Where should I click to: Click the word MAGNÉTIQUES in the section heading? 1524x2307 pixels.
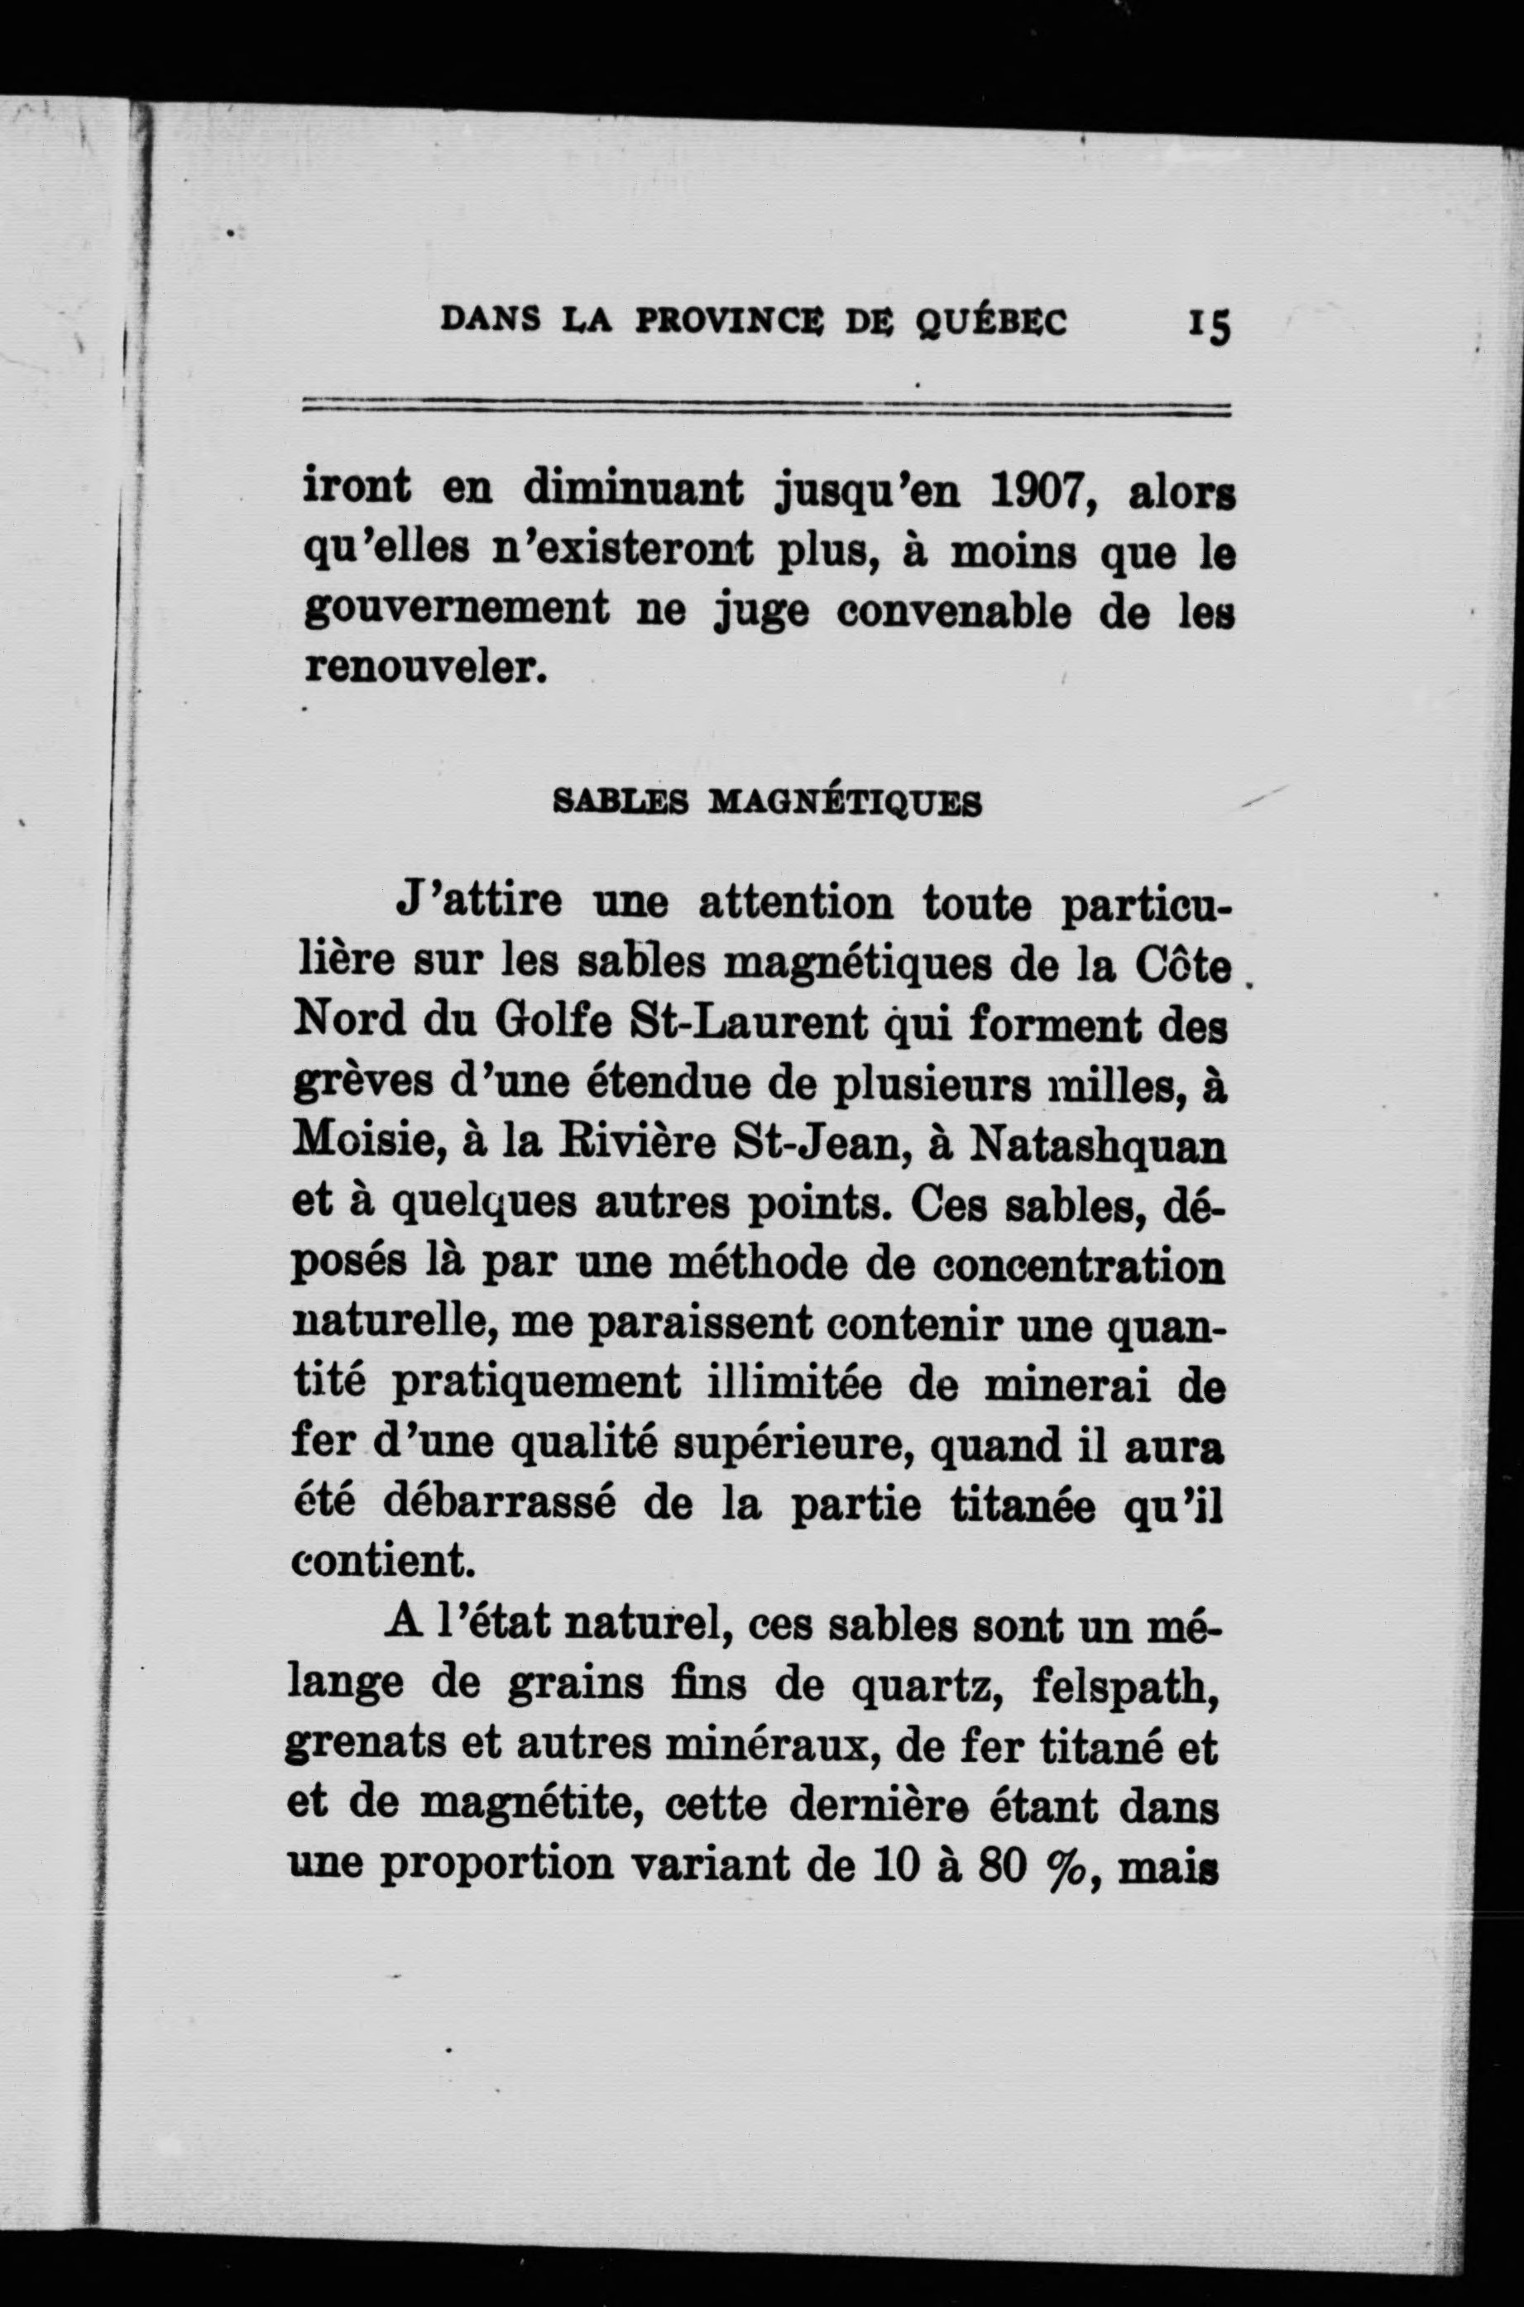[846, 802]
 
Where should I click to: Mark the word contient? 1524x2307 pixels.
[382, 1562]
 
